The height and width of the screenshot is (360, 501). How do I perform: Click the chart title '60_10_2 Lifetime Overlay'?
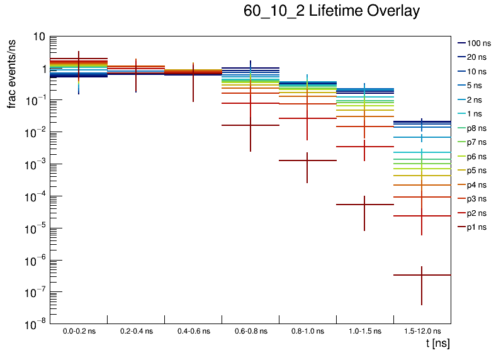pos(331,11)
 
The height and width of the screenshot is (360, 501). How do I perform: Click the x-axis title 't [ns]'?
pos(437,343)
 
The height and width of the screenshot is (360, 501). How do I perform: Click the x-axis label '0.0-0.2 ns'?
pos(79,330)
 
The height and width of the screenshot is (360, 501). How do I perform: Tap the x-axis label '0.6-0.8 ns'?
pos(250,330)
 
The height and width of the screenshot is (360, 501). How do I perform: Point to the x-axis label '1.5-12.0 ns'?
pos(422,330)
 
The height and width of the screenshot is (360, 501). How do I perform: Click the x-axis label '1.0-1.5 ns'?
pos(364,330)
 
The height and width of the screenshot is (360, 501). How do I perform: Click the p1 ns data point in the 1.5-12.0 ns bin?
pos(422,275)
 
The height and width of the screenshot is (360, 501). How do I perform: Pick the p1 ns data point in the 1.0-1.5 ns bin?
pos(364,205)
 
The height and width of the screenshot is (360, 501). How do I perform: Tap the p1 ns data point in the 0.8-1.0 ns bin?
pos(307,160)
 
